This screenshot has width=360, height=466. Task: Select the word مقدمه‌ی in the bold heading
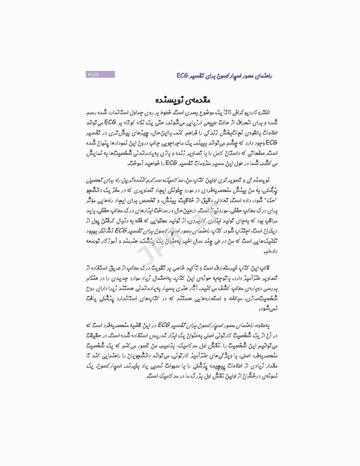pos(197,98)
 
